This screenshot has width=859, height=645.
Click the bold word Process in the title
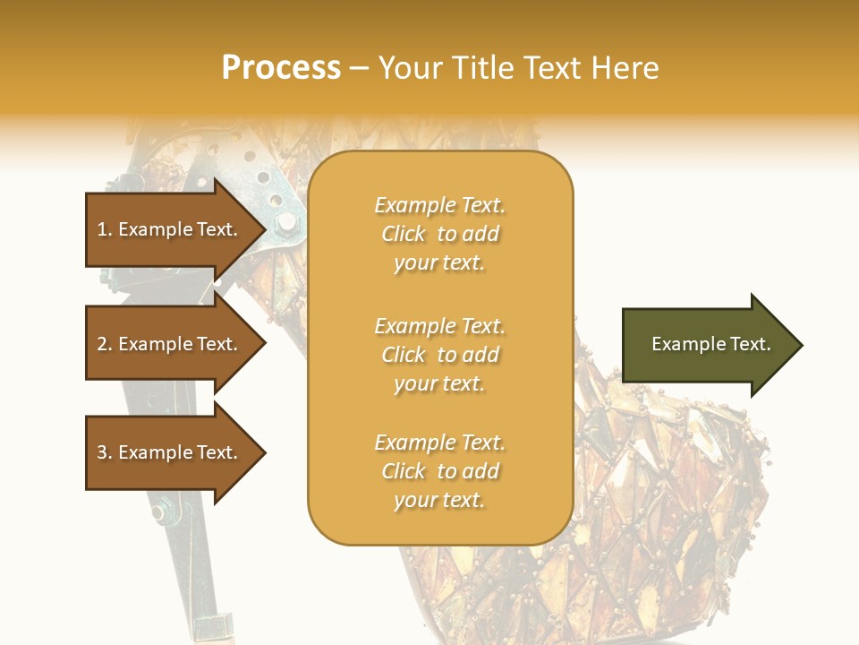[281, 68]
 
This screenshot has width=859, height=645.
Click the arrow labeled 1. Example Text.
[170, 229]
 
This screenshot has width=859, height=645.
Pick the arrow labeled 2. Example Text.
[170, 344]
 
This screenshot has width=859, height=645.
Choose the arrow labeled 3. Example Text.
[170, 452]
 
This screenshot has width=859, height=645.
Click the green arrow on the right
[707, 345]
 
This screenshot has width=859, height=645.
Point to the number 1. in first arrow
[104, 229]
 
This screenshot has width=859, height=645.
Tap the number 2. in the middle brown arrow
[104, 344]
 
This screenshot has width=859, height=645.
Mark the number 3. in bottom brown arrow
[104, 452]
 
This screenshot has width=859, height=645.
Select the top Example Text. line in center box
[439, 205]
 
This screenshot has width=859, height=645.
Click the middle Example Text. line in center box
[439, 325]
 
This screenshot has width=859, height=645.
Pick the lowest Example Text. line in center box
[439, 443]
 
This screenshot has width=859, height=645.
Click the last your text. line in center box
[439, 500]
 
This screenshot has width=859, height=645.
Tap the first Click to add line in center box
[439, 234]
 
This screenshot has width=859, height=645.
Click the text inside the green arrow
[710, 344]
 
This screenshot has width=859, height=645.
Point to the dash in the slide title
[360, 69]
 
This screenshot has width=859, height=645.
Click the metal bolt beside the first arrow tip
[285, 221]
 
